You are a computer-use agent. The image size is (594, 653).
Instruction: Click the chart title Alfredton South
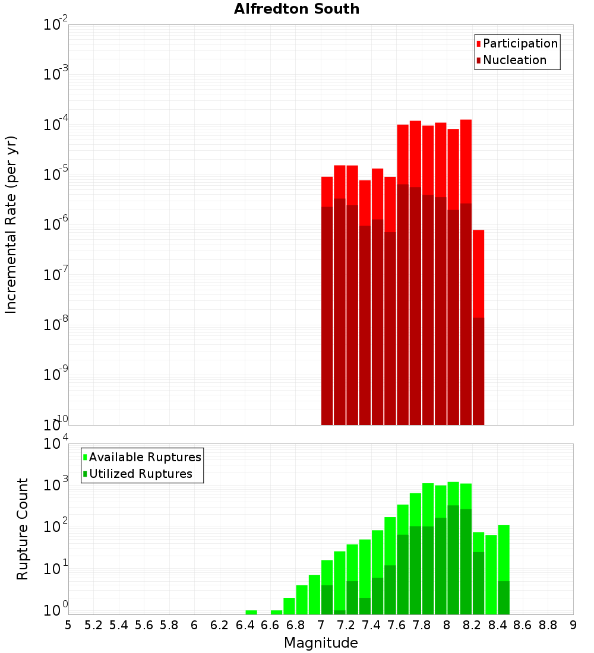pyautogui.click(x=296, y=9)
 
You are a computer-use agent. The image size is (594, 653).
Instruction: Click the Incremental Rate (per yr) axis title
pyautogui.click(x=11, y=224)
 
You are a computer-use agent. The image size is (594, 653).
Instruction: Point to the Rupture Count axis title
pyautogui.click(x=23, y=529)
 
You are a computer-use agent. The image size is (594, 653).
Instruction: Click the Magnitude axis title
pyautogui.click(x=321, y=643)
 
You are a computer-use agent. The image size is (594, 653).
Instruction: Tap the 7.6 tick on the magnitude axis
pyautogui.click(x=396, y=625)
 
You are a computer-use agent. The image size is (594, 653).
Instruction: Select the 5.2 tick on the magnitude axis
pyautogui.click(x=93, y=625)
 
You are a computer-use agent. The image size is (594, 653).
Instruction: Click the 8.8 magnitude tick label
pyautogui.click(x=548, y=625)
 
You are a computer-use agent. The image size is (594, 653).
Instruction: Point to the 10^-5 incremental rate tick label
pyautogui.click(x=55, y=175)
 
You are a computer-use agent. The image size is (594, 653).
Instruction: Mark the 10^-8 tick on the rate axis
pyautogui.click(x=55, y=325)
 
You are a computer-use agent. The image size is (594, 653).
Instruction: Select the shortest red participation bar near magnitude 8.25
pyautogui.click(x=479, y=273)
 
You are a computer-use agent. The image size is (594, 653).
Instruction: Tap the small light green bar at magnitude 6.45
pyautogui.click(x=251, y=612)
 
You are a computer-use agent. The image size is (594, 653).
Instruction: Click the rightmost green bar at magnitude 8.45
pyautogui.click(x=504, y=552)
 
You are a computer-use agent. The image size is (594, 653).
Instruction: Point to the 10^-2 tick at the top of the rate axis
pyautogui.click(x=55, y=25)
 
